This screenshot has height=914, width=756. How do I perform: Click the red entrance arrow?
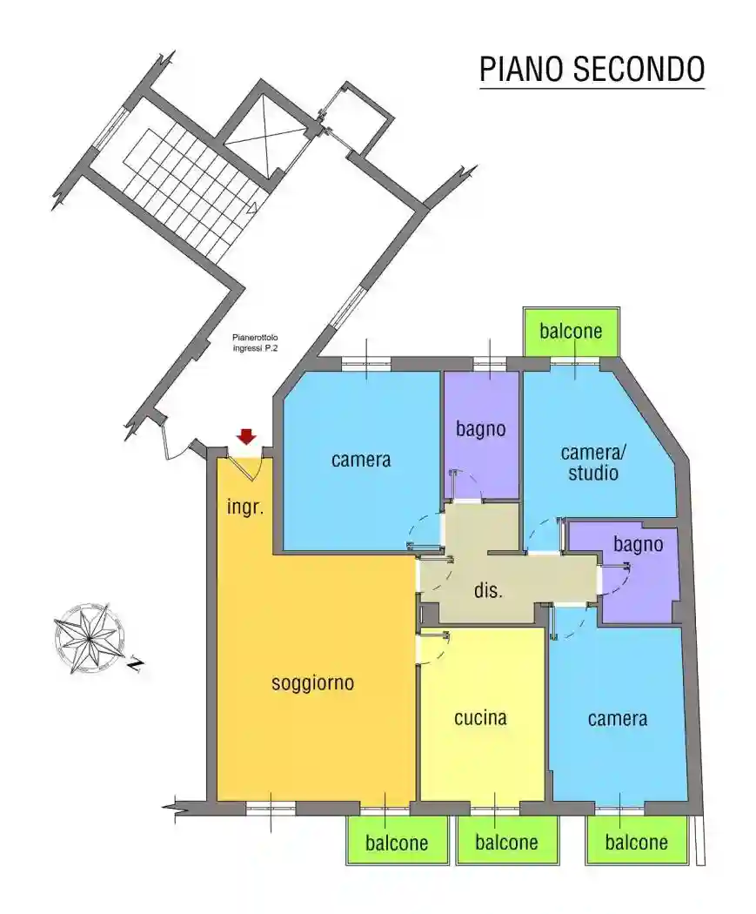pos(247,437)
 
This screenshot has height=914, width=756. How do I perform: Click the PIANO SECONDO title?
pos(592,70)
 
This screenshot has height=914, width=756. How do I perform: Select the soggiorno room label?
pos(313,682)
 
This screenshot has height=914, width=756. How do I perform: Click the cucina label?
pos(480,717)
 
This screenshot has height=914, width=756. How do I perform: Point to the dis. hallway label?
pos(488,590)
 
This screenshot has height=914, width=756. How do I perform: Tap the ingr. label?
pos(245,507)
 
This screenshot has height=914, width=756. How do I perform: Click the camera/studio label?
pos(593,462)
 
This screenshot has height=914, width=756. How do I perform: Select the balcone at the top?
pos(571,331)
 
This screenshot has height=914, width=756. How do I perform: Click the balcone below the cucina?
pos(506,843)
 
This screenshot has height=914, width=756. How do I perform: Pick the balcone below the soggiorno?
pos(397,843)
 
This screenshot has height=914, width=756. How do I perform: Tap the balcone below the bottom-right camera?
pos(636,843)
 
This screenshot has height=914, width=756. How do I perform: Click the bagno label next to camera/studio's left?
pos(480,430)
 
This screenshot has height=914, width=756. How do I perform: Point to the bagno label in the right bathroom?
pos(639,544)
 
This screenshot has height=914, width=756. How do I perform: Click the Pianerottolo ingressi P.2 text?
pos(255,343)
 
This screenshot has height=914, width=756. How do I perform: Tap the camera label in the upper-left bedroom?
pos(361,460)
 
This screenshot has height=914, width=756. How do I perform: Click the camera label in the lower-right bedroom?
pos(618,719)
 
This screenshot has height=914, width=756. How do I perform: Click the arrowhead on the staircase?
pos(252,207)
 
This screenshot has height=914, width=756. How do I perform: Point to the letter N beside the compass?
pos(136,664)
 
